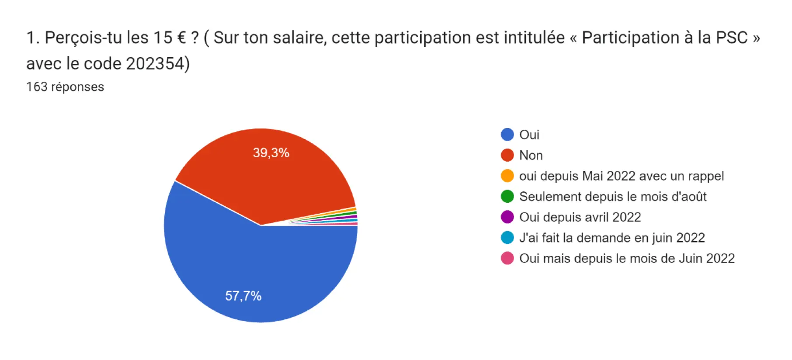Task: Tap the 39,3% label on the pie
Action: coord(271,153)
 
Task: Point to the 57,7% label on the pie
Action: coord(243,296)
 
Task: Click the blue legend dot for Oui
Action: coord(507,135)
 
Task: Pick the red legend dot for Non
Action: coord(507,155)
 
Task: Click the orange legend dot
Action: coord(507,176)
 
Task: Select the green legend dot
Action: coord(507,196)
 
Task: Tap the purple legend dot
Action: coord(507,217)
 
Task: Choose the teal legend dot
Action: coord(507,237)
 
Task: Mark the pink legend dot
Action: coord(507,258)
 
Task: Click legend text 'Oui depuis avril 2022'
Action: coord(580,217)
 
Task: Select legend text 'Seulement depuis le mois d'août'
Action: coord(613,197)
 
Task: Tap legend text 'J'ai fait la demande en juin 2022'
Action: coord(612,238)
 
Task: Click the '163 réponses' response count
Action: coord(65,87)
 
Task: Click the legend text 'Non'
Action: coord(531,156)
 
